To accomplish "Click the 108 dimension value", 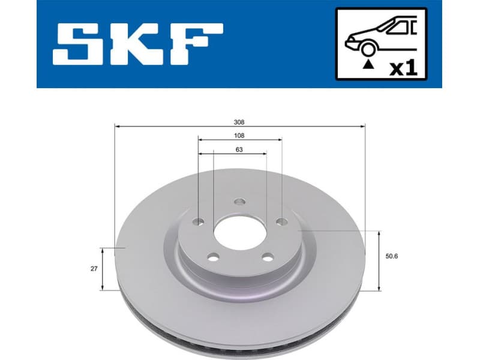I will (239, 136).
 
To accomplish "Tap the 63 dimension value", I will (239, 150).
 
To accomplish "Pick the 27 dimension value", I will (94, 269).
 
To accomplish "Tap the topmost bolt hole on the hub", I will (239, 202).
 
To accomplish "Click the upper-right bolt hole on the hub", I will (280, 223).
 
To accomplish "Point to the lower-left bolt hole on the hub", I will (212, 258).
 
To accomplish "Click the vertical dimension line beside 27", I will (103, 269).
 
